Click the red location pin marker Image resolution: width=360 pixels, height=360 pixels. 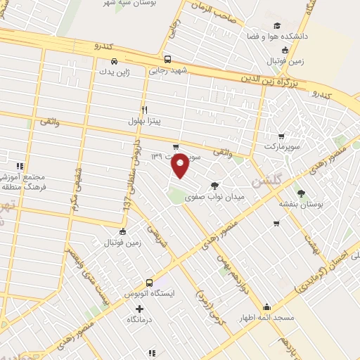(x=181, y=166)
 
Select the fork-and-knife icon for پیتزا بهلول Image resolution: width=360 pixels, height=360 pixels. (x=144, y=110)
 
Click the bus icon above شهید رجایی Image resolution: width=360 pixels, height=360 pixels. (x=167, y=59)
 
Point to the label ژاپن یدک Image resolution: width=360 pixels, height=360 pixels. (x=115, y=71)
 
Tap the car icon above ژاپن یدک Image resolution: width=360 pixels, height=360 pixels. (x=114, y=60)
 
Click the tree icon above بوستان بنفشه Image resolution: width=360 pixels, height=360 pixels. (x=302, y=193)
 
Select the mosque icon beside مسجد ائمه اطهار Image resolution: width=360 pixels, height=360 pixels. (x=266, y=307)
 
